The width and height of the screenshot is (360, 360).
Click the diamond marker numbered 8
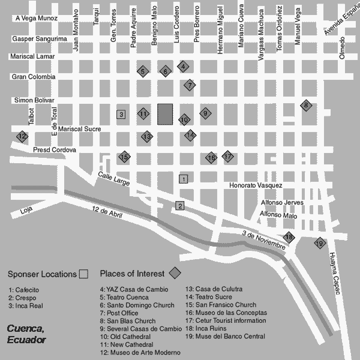306,106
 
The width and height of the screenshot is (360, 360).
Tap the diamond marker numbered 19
319,243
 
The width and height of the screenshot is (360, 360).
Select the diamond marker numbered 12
22,136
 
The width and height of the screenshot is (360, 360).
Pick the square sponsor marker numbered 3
121,114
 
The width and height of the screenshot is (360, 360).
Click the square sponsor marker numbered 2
179,206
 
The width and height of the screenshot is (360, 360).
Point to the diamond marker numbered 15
124,157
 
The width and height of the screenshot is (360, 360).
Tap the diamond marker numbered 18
289,237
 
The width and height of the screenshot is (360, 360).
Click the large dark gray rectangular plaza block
165,114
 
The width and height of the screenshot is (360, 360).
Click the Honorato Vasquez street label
256,185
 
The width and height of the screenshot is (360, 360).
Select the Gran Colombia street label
34,77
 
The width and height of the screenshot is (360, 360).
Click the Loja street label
25,211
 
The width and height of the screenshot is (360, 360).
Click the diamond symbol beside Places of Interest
175,274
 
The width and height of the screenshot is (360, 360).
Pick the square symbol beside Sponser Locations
84,274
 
